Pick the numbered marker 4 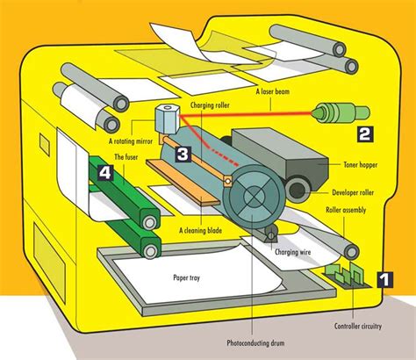104,173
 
